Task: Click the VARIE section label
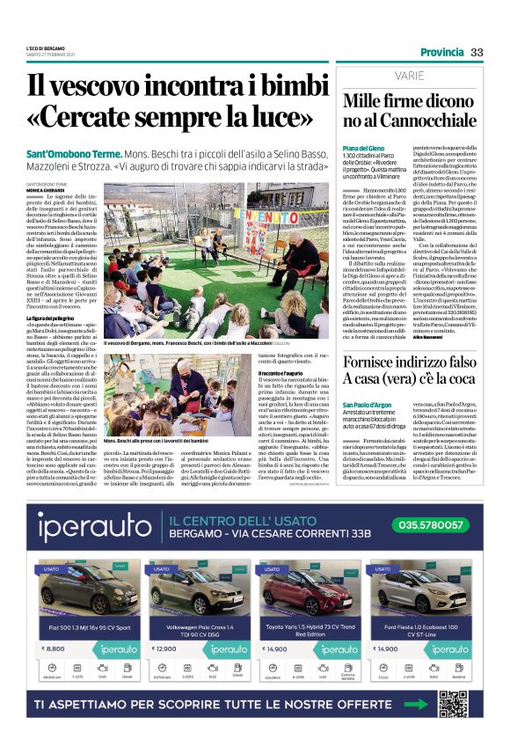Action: click(x=410, y=76)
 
